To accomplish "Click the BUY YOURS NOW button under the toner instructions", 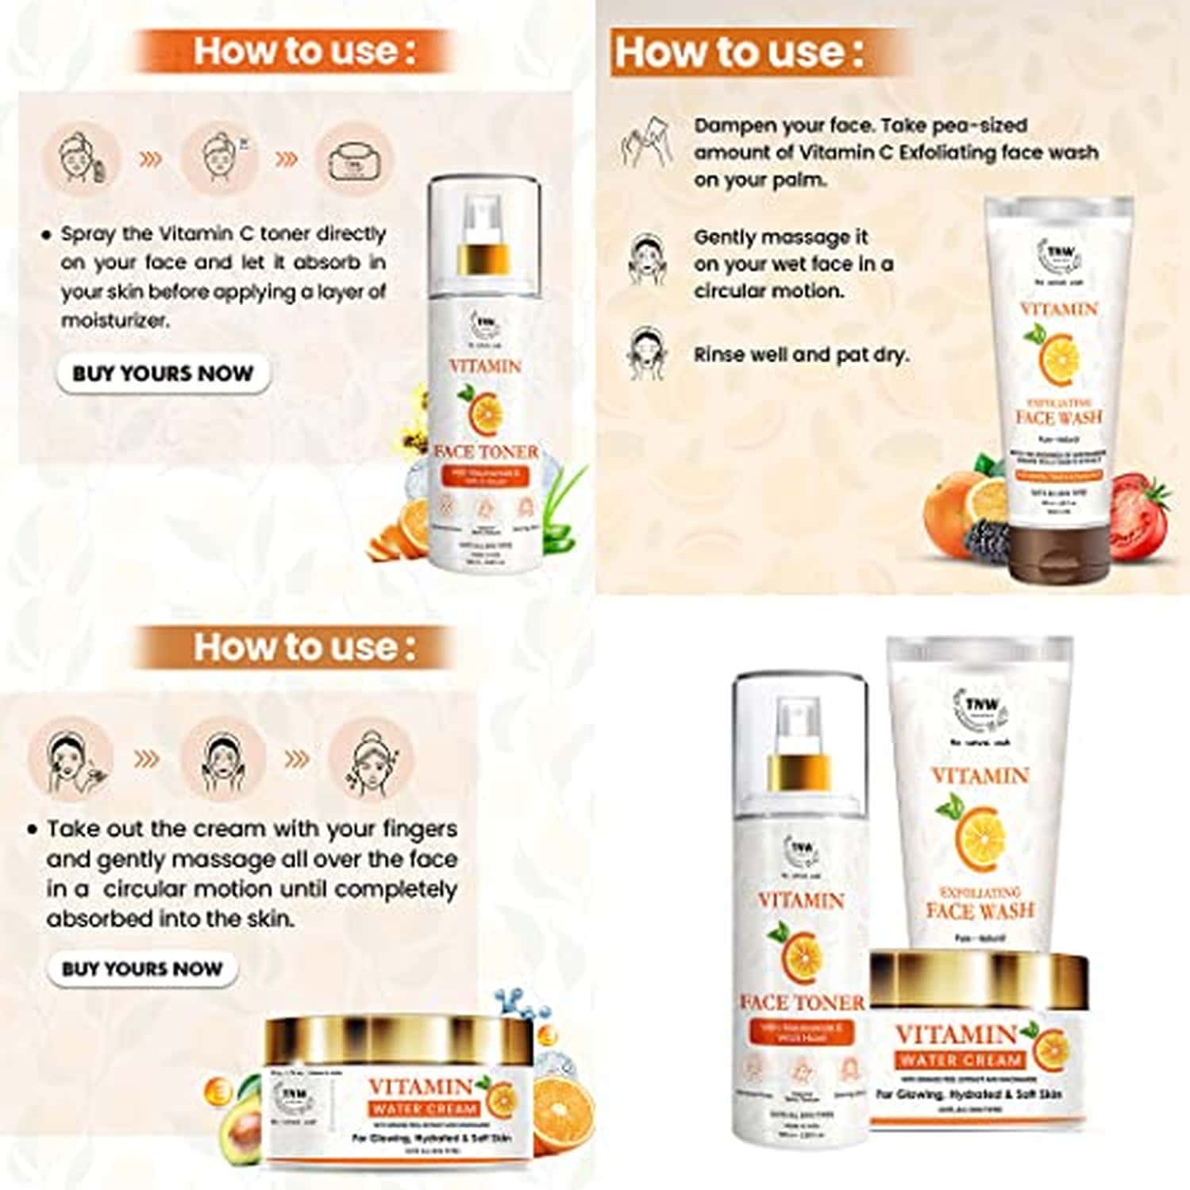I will coord(163,373).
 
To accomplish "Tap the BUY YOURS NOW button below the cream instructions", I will coord(142,969).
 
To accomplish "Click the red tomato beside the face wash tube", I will coord(1138,508).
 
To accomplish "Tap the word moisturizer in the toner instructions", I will coord(114,321).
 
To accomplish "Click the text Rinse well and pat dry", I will coord(800,355).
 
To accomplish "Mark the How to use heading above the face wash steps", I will coord(739,52).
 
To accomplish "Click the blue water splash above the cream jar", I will coord(520,1004).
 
